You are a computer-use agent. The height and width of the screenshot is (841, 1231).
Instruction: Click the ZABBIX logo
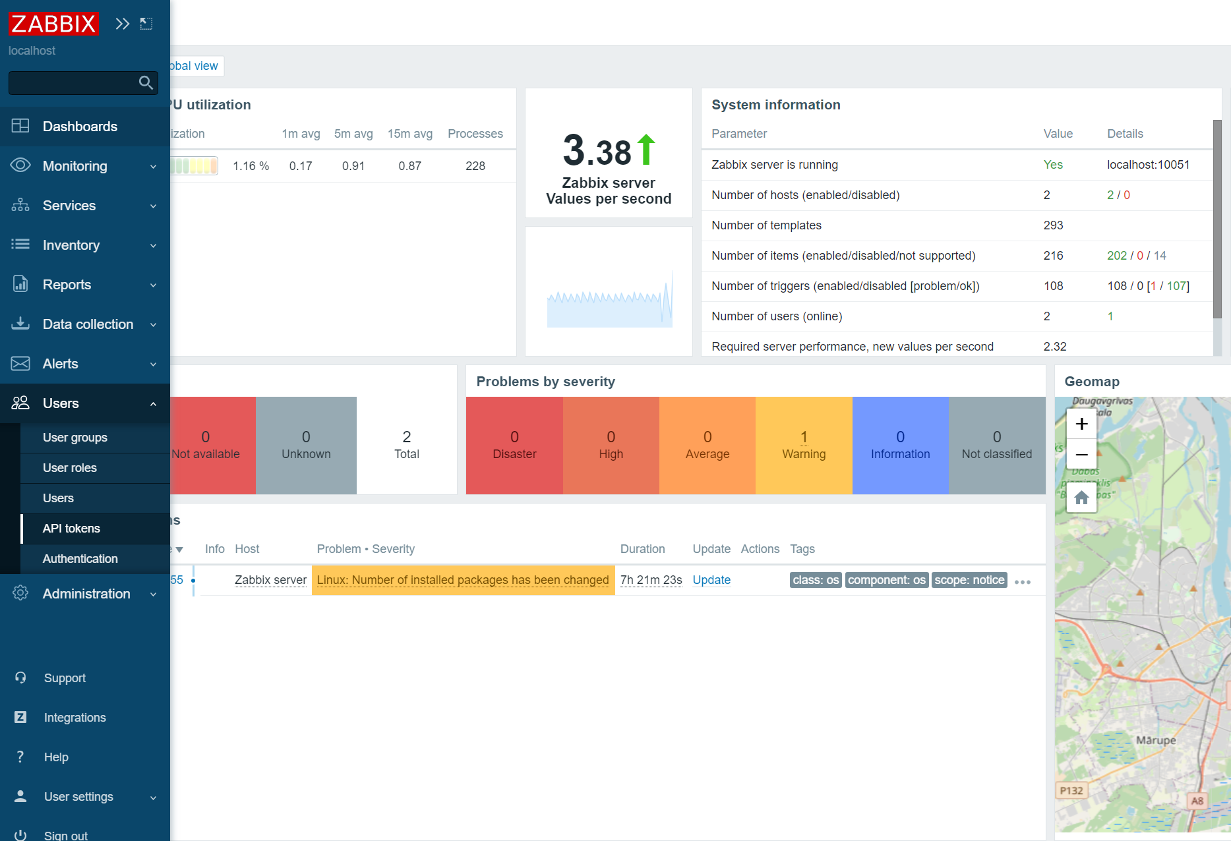tap(53, 24)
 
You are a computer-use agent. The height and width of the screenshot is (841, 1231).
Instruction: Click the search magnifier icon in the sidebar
tap(146, 82)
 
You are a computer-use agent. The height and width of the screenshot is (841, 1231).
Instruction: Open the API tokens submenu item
tap(71, 529)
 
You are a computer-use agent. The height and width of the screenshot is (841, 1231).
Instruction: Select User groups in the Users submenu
tap(75, 438)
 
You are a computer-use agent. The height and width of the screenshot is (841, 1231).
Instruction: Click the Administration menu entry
tap(86, 594)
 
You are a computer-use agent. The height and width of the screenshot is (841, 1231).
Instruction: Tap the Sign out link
tap(65, 835)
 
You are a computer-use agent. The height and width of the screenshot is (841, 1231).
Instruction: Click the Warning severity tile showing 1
tap(804, 445)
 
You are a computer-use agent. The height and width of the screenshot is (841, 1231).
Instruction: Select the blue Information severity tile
tap(900, 445)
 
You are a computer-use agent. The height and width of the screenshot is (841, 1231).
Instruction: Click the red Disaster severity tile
tap(514, 445)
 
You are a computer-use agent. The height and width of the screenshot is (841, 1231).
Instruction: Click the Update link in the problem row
tap(711, 580)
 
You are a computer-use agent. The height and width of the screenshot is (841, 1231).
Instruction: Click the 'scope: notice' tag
tap(969, 580)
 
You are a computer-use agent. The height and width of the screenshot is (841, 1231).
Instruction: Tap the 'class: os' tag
tap(816, 580)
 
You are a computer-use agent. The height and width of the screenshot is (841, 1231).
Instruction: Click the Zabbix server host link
tap(270, 580)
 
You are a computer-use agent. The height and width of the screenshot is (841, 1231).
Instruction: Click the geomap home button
tap(1081, 498)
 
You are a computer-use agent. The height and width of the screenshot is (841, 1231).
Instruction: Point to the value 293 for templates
tap(1053, 225)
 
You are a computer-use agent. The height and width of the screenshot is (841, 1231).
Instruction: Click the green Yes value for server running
tap(1053, 165)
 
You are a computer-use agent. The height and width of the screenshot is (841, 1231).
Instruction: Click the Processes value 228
tap(475, 166)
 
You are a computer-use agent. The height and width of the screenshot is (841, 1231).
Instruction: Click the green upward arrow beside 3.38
tap(646, 150)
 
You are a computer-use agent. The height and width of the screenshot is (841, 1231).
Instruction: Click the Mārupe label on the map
tap(1156, 740)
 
